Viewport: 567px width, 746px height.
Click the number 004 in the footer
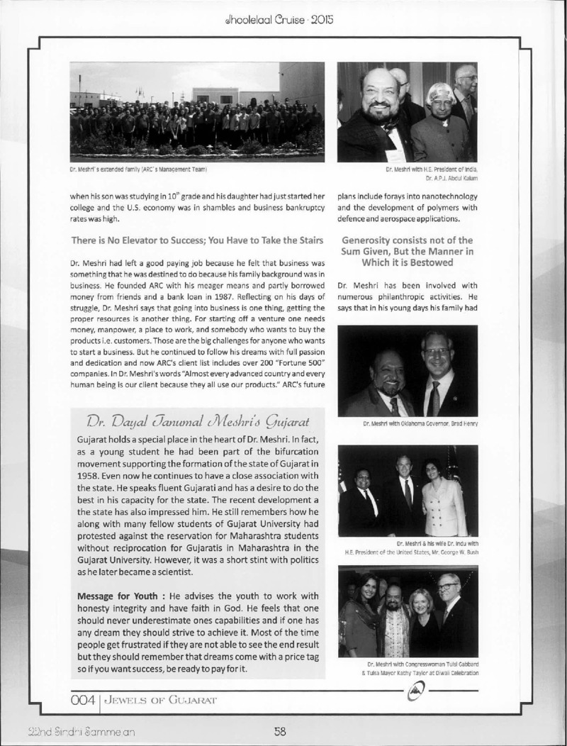tap(82, 700)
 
